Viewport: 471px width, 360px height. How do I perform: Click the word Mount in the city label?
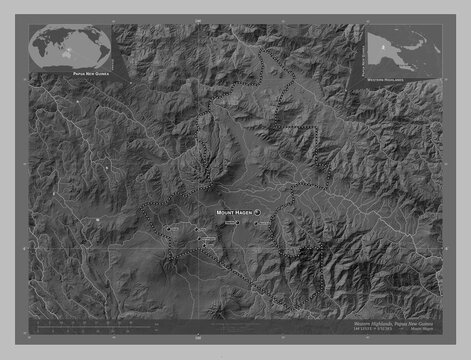click(225, 214)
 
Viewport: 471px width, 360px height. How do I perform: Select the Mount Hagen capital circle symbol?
click(257, 214)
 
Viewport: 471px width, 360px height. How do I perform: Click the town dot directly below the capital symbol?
click(257, 225)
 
